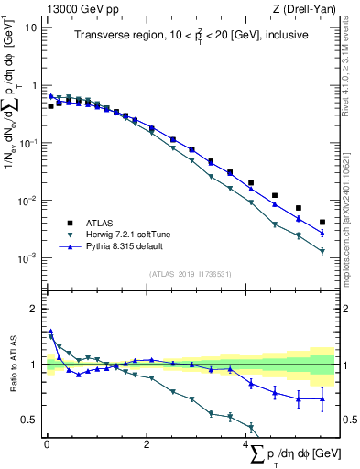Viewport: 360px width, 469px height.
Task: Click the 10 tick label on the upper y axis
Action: coord(31,27)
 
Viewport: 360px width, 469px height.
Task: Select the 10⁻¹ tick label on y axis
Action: coord(29,143)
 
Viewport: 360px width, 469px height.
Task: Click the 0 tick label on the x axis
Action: coord(47,445)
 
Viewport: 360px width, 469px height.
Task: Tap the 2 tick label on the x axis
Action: coord(147,445)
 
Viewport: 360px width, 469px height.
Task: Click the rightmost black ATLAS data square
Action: coord(322,222)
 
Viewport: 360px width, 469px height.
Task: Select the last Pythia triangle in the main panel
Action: coord(322,233)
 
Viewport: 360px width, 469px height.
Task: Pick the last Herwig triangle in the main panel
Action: coord(322,251)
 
